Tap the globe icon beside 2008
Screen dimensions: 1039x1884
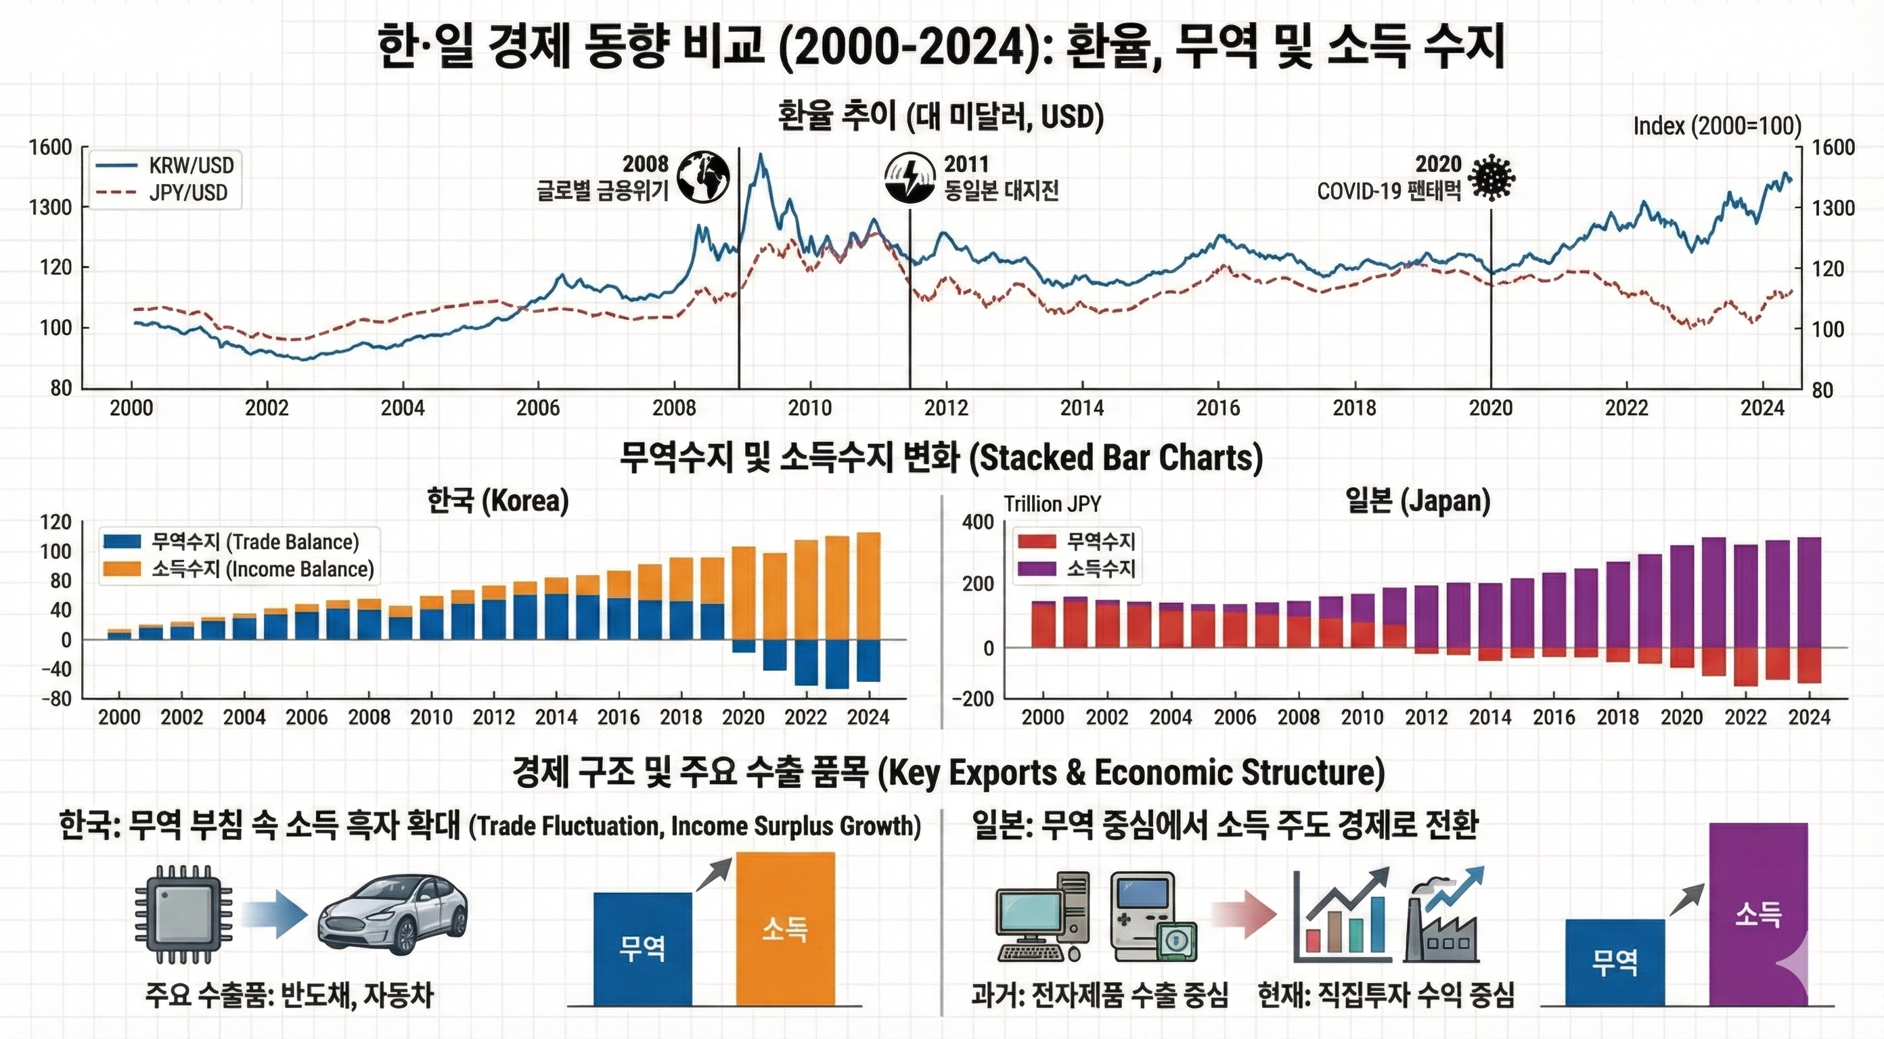pyautogui.click(x=703, y=177)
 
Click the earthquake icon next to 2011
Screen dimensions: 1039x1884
pyautogui.click(x=910, y=178)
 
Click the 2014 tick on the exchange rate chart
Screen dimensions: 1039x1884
pyautogui.click(x=1081, y=407)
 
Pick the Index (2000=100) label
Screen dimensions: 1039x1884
pyautogui.click(x=1718, y=126)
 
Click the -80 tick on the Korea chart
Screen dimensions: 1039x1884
pyautogui.click(x=56, y=698)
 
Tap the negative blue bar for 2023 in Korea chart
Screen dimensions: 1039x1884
pyautogui.click(x=837, y=664)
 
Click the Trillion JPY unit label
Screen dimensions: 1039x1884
pyautogui.click(x=1052, y=504)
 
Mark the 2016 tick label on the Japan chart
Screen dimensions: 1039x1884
pyautogui.click(x=1554, y=716)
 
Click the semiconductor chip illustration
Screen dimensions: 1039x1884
pyautogui.click(x=183, y=914)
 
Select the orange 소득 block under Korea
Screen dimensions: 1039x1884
pyautogui.click(x=785, y=929)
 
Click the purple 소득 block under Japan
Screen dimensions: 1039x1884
pyautogui.click(x=1757, y=914)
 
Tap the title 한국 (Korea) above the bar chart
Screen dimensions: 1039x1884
pyautogui.click(x=497, y=502)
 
